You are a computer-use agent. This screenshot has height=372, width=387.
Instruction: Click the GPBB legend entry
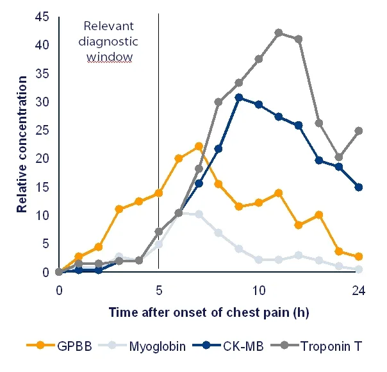(59, 346)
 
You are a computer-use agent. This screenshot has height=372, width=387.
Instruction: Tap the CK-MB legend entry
(228, 346)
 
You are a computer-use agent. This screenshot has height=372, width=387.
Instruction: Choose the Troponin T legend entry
(317, 346)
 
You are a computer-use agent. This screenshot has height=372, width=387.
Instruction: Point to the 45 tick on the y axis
(42, 17)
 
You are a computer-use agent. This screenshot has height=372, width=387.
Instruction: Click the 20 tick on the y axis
(42, 158)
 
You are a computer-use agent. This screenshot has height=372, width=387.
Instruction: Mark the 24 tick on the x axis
(359, 291)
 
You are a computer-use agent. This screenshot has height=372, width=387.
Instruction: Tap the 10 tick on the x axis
(259, 291)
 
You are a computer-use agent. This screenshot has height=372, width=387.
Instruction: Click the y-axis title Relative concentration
(22, 144)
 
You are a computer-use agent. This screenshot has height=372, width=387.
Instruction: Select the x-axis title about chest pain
(209, 312)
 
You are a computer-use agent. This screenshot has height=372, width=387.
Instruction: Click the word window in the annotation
(110, 56)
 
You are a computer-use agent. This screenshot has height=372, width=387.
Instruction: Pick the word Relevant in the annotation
(108, 26)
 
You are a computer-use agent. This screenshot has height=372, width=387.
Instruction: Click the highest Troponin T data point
(279, 33)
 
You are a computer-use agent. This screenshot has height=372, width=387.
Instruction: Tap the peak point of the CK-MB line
(238, 97)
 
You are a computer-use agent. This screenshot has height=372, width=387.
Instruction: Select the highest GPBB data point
(199, 146)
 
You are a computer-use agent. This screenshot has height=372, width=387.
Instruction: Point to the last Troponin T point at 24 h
(359, 131)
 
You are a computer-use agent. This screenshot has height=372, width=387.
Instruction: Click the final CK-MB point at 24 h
(359, 187)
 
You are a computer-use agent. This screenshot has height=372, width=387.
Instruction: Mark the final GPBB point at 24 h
(359, 257)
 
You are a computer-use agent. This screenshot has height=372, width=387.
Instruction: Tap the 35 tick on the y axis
(42, 74)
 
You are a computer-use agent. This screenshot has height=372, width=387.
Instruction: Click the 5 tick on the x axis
(159, 291)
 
